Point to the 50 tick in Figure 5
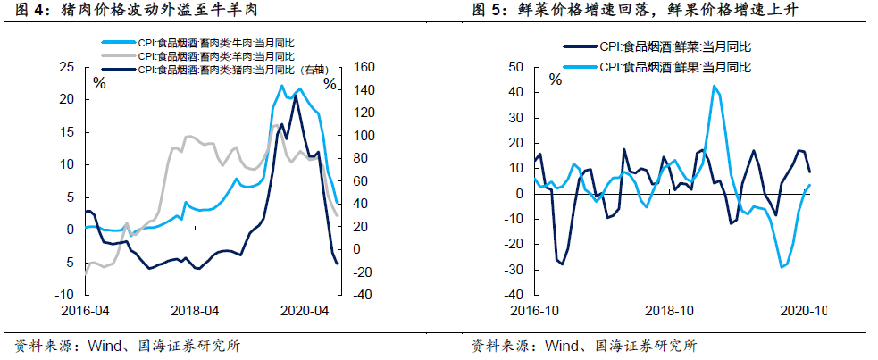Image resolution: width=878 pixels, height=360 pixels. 514,67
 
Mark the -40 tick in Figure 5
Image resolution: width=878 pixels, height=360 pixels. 512,295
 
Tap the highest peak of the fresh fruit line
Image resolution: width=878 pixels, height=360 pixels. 714,86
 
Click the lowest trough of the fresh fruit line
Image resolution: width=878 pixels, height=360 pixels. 782,267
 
